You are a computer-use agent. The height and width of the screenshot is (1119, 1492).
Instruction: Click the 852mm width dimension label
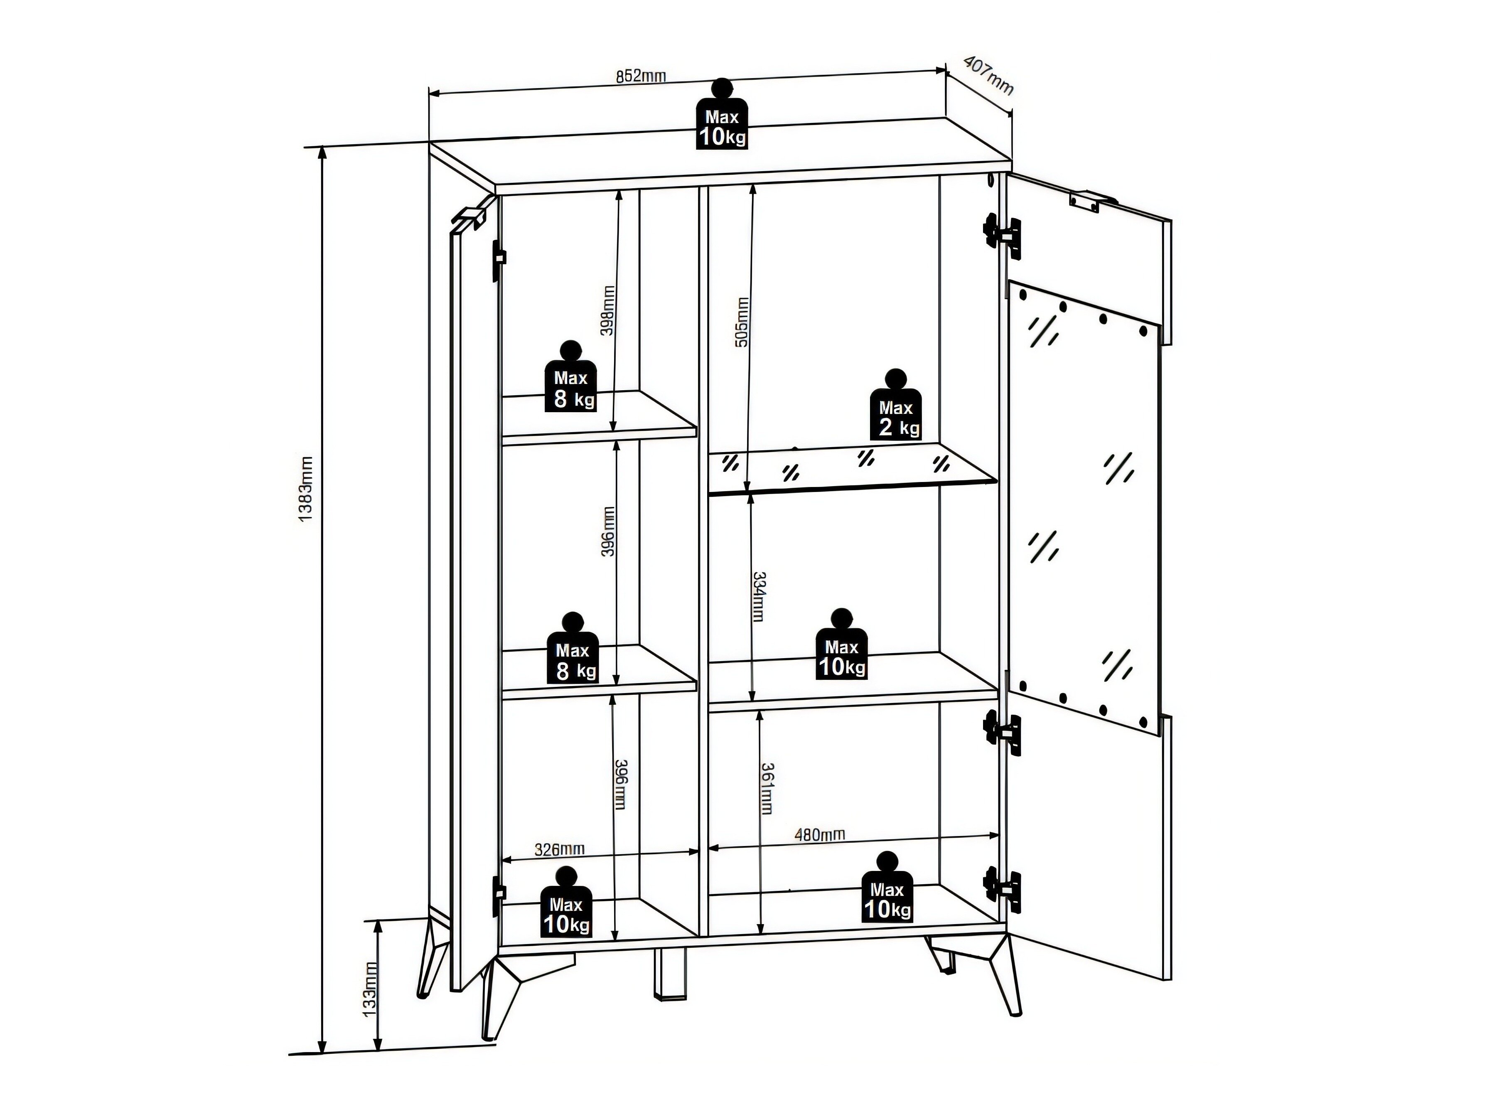640,76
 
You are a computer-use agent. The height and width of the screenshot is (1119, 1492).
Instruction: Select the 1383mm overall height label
305,489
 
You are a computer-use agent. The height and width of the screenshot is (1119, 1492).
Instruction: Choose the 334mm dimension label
759,597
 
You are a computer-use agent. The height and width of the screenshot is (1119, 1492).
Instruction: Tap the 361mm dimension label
767,789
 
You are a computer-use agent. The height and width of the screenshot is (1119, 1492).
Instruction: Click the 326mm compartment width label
559,849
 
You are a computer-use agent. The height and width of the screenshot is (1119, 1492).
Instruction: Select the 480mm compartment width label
819,834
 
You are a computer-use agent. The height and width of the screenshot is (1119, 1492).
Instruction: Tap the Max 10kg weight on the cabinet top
723,114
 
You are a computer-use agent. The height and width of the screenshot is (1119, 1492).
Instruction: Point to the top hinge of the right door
1002,236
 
